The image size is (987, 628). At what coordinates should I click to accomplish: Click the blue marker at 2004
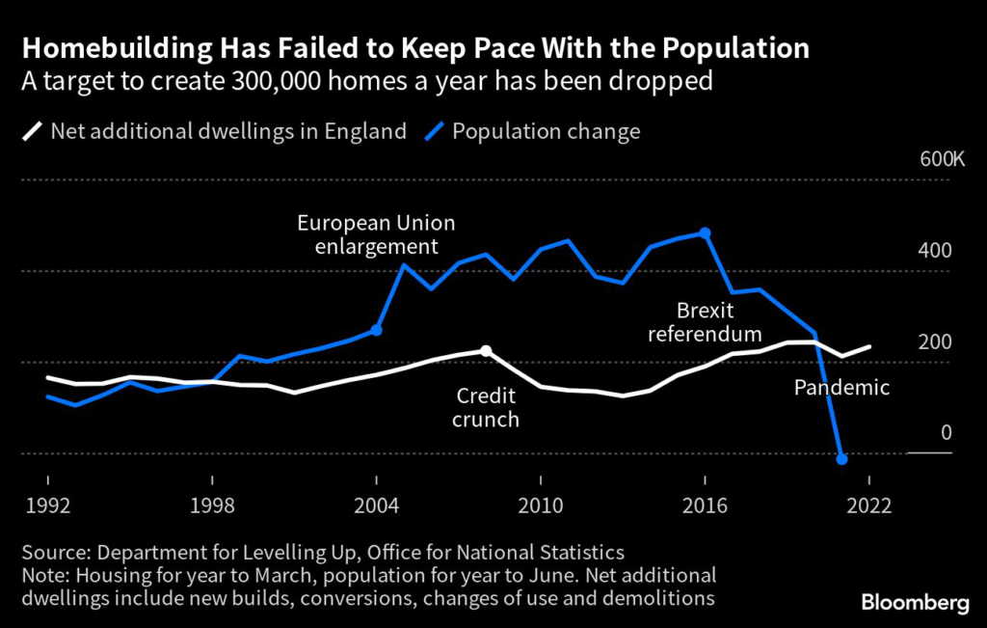tap(376, 330)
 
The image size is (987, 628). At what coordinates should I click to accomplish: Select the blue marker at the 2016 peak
tap(705, 232)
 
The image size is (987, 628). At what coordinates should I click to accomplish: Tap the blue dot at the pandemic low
tap(841, 459)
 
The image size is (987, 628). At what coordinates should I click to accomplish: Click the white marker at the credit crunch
tap(486, 350)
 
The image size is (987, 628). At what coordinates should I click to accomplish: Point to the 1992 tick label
tap(48, 505)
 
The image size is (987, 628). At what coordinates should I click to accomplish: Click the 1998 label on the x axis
tap(212, 505)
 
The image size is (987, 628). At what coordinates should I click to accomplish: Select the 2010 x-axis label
tap(541, 505)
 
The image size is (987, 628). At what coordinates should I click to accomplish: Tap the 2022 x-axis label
tap(868, 505)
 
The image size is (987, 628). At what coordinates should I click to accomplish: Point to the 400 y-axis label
tap(936, 251)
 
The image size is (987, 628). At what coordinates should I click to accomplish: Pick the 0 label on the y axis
tap(946, 433)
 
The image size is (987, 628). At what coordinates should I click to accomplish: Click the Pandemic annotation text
tap(841, 388)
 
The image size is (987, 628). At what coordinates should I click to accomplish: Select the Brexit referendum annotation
tap(705, 323)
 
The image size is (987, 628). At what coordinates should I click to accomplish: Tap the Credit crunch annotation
tap(486, 408)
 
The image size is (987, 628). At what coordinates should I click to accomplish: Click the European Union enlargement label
tap(376, 234)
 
